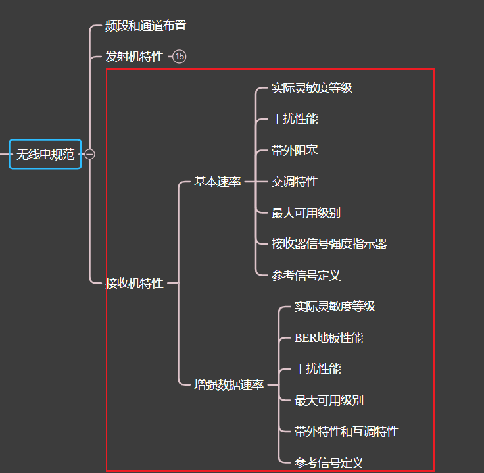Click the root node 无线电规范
(45, 155)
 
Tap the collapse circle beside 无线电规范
(90, 155)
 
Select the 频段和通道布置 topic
(146, 26)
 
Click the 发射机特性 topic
(134, 57)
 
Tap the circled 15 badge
(180, 57)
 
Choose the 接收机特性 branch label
(135, 284)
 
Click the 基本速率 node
(217, 182)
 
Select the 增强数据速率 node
(229, 385)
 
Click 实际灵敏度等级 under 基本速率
(312, 88)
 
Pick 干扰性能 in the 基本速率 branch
(295, 119)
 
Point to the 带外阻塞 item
(295, 151)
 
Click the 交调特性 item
(295, 182)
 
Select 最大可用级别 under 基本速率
(306, 213)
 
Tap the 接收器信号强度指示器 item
(329, 244)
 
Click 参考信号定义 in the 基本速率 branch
(306, 276)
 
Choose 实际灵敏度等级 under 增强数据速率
(335, 307)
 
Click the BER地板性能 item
(329, 338)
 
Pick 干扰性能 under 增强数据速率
(318, 369)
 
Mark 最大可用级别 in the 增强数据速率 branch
(329, 401)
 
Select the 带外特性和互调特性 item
(346, 432)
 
